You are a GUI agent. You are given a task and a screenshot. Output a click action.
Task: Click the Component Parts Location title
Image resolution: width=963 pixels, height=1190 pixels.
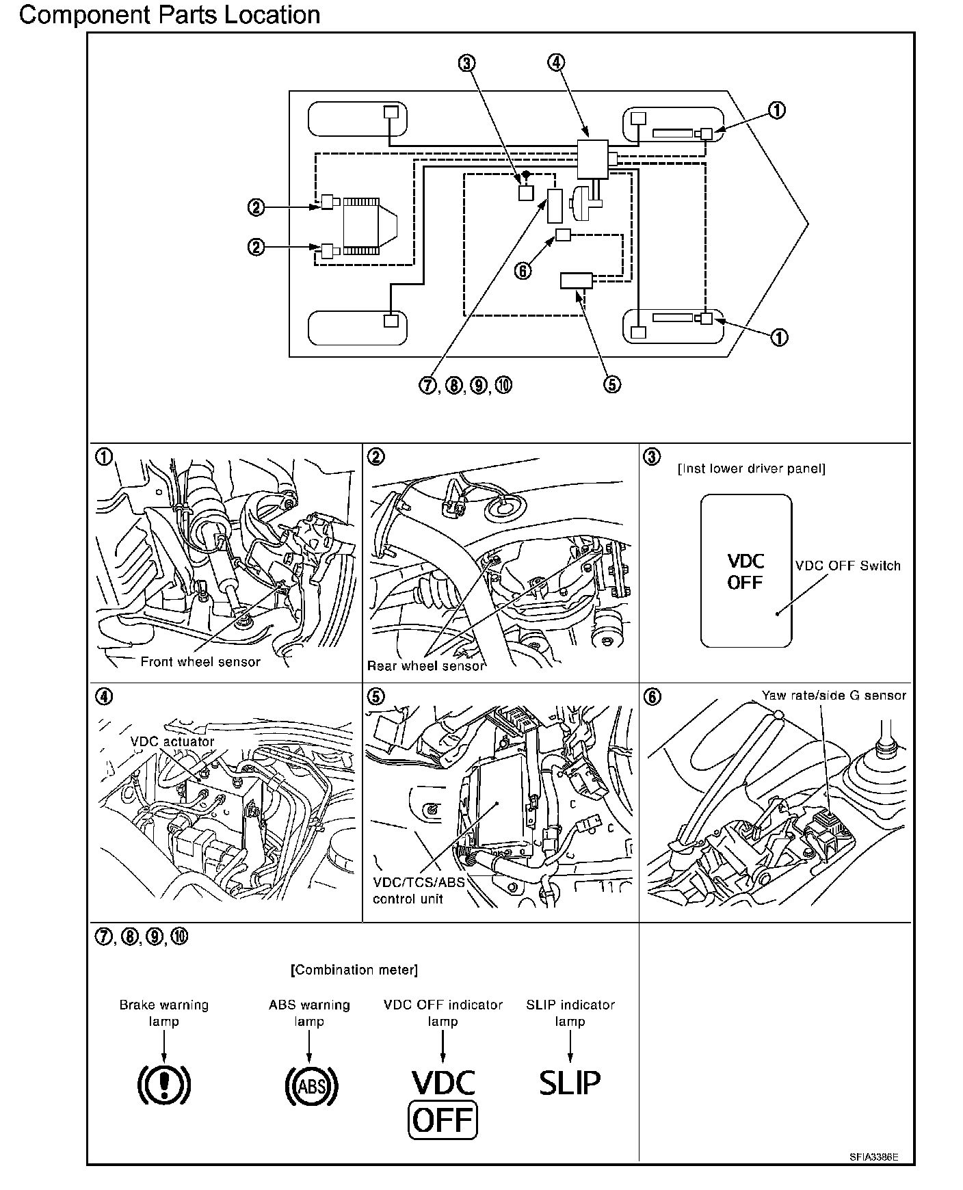pos(170,14)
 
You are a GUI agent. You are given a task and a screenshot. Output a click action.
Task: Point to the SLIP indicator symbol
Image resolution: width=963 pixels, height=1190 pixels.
pos(570,1082)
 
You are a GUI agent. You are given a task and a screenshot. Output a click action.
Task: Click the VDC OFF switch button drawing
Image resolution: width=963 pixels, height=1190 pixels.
pos(746,571)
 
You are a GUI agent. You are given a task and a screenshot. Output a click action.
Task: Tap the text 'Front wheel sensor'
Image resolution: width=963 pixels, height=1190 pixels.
pos(200,661)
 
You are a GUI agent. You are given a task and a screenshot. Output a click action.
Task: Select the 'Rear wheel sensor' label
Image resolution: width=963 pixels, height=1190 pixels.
pos(426,665)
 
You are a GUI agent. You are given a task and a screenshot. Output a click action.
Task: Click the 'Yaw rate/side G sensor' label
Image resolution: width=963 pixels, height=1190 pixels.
pos(834,696)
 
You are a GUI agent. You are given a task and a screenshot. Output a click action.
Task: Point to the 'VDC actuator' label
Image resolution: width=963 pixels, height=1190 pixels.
pos(172,741)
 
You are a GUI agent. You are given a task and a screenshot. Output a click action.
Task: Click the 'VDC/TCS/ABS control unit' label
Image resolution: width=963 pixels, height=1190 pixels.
pos(419,890)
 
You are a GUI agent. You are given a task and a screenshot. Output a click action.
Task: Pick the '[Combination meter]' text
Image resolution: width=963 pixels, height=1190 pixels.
pos(354,970)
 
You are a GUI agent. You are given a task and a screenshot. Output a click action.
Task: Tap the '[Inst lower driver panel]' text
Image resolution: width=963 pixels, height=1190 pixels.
pos(751,469)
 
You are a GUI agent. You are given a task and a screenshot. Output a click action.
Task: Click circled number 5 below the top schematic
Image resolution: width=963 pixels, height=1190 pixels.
pos(612,384)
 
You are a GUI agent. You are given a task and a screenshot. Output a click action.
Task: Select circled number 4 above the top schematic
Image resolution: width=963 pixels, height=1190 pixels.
pos(556,62)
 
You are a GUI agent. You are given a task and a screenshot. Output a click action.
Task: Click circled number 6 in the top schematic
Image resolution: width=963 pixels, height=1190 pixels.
pos(523,271)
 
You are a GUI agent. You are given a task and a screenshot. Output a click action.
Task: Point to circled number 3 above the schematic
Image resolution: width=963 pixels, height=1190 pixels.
pos(466,63)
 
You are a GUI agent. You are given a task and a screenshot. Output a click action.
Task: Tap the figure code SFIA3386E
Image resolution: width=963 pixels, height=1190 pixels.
pos(874,1157)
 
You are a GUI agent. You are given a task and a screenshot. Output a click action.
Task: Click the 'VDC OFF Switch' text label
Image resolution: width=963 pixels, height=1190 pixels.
pos(848,566)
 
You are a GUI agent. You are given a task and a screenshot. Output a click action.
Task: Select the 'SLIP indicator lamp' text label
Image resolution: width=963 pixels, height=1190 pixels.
pos(570,1013)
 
